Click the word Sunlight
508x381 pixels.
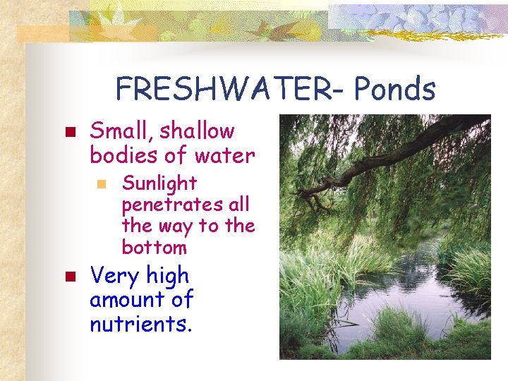[x=159, y=183]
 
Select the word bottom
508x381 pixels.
[x=154, y=248]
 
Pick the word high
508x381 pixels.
[x=169, y=276]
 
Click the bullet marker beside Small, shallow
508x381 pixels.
[x=69, y=132]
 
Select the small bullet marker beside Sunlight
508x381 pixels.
[x=102, y=184]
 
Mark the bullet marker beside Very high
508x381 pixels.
[x=69, y=277]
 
